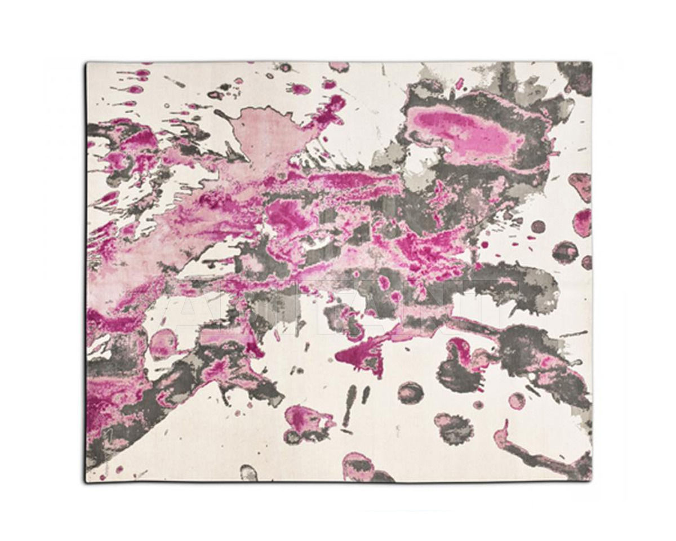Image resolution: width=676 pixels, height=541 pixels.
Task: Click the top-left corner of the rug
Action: coord(86,63)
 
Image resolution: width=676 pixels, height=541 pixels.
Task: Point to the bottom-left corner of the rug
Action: coord(86,482)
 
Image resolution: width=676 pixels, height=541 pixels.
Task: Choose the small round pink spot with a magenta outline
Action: coord(516,401)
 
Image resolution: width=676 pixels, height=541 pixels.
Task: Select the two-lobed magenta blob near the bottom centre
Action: coord(304,420)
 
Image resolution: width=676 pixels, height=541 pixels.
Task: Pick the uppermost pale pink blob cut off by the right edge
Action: coord(581,186)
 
